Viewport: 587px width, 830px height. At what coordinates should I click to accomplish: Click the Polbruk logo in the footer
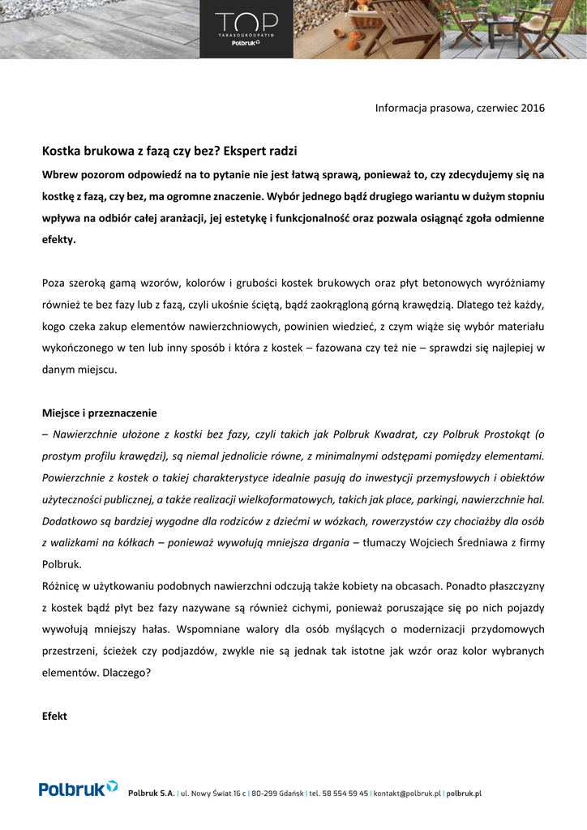pyautogui.click(x=78, y=789)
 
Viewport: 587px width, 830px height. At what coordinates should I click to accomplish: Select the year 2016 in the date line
pyautogui.click(x=533, y=108)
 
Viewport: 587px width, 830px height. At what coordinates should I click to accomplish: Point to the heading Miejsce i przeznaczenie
pyautogui.click(x=99, y=413)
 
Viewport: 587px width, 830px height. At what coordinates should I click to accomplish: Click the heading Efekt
pyautogui.click(x=54, y=717)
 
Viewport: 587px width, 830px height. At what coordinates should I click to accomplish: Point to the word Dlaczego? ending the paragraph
pyautogui.click(x=126, y=672)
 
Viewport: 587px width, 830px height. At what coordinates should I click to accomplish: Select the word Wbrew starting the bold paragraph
pyautogui.click(x=59, y=174)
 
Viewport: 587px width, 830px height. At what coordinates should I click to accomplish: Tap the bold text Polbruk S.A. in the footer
pyautogui.click(x=152, y=794)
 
